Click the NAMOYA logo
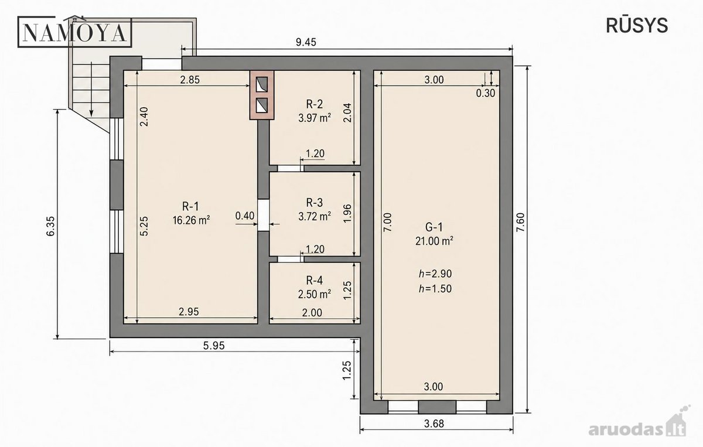click(x=74, y=32)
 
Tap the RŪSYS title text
click(x=637, y=25)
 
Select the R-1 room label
click(x=190, y=207)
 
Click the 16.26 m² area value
click(x=191, y=220)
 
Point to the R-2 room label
click(x=315, y=104)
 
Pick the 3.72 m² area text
click(x=315, y=216)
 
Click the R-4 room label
click(x=315, y=280)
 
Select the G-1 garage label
click(x=434, y=227)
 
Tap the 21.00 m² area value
click(x=434, y=241)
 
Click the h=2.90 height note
click(x=435, y=274)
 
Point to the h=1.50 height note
click(x=435, y=288)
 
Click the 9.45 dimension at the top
click(x=306, y=42)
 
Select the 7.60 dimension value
click(x=520, y=222)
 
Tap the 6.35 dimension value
click(x=50, y=226)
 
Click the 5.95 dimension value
click(x=214, y=346)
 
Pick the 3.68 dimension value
click(x=434, y=424)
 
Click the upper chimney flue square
click(x=262, y=84)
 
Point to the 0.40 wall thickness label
click(x=245, y=216)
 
